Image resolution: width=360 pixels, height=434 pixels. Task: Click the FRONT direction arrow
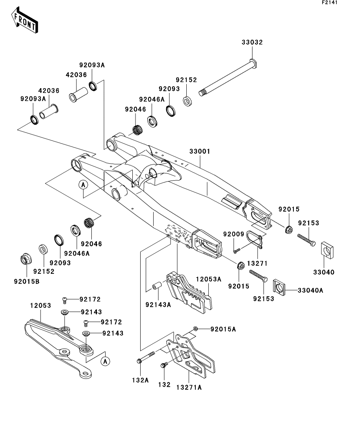(x=24, y=20)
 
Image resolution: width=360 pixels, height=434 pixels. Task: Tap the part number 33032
(x=252, y=42)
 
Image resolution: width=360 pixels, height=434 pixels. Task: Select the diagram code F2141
(x=330, y=2)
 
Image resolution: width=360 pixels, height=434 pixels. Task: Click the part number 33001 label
(x=200, y=151)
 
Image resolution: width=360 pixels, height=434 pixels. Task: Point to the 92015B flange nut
(x=26, y=259)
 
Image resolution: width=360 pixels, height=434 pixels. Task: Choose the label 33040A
(x=310, y=290)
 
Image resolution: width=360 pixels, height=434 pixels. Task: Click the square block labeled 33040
(x=327, y=251)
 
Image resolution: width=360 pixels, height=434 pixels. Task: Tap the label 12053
(x=41, y=306)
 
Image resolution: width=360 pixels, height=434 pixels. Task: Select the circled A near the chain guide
(x=105, y=361)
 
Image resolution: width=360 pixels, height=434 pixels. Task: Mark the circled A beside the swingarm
(x=84, y=185)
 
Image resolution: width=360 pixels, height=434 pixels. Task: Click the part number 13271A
(x=189, y=388)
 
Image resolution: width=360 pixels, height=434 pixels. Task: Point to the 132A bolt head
(x=139, y=361)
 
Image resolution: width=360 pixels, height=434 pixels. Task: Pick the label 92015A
(x=223, y=329)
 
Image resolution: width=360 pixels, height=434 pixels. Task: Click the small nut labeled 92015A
(x=195, y=329)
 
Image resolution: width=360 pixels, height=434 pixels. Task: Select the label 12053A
(x=208, y=279)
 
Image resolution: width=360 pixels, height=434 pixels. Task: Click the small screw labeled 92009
(x=236, y=251)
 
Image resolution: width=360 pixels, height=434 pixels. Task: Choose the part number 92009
(x=234, y=234)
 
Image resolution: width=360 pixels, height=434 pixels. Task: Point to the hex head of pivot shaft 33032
(x=253, y=63)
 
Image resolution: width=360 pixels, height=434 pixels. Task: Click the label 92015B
(x=27, y=281)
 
